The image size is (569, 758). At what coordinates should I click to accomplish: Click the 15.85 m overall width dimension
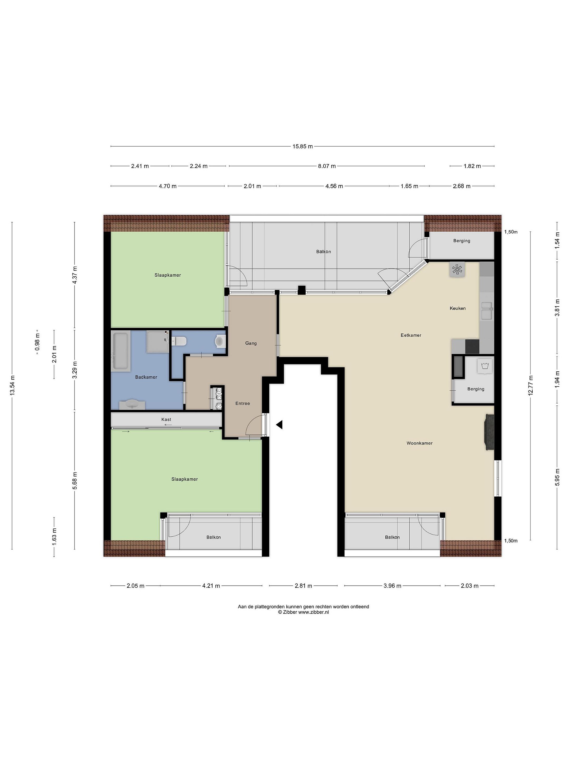(x=302, y=146)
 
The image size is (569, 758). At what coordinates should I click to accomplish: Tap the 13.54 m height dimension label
(x=12, y=385)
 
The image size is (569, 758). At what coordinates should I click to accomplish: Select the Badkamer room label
(x=146, y=377)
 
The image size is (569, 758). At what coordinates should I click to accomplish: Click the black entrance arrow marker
(x=279, y=425)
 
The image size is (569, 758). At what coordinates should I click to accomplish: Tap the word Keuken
(x=458, y=308)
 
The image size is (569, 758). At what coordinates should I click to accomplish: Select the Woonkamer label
(x=419, y=443)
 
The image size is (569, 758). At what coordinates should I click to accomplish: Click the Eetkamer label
(x=411, y=335)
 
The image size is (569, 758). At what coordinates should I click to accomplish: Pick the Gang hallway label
(x=251, y=343)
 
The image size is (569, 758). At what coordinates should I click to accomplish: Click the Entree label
(x=243, y=403)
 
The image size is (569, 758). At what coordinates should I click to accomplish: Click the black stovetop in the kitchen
(x=472, y=346)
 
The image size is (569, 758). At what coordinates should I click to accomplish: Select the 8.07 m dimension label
(x=326, y=166)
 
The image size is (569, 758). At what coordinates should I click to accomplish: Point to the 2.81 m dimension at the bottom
(x=303, y=586)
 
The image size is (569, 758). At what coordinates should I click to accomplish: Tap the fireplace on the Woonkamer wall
(x=489, y=432)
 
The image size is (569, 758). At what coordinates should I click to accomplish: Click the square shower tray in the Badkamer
(x=158, y=342)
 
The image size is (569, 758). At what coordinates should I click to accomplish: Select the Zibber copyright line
(x=303, y=612)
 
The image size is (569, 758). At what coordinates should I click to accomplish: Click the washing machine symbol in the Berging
(x=485, y=366)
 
